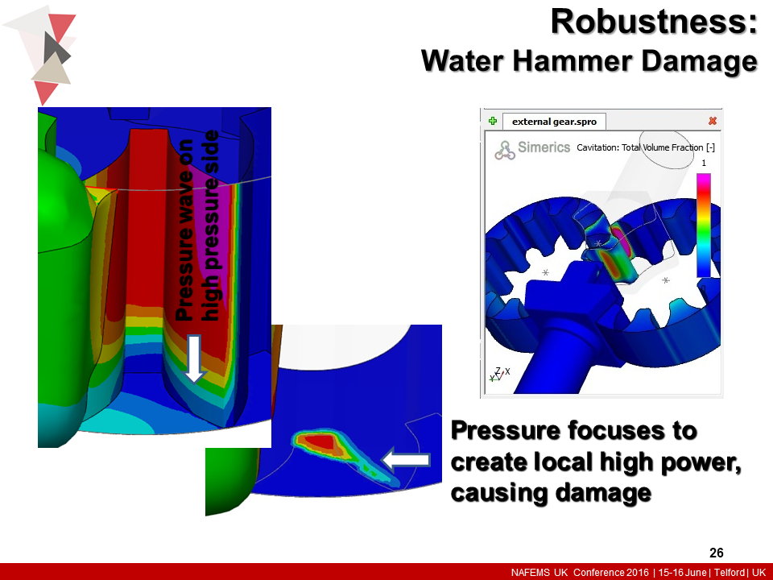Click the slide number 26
point(716,553)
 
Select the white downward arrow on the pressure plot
point(192,359)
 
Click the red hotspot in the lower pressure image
point(321,441)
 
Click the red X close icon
point(712,121)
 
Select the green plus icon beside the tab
point(493,121)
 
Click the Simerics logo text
point(544,147)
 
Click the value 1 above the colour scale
point(703,163)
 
